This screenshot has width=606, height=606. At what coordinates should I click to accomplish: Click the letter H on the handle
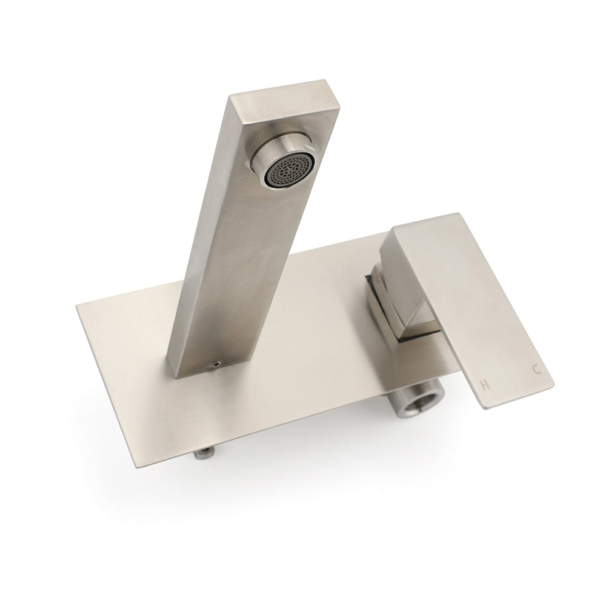[484, 384]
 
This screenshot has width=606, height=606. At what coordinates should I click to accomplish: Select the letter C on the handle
[536, 370]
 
